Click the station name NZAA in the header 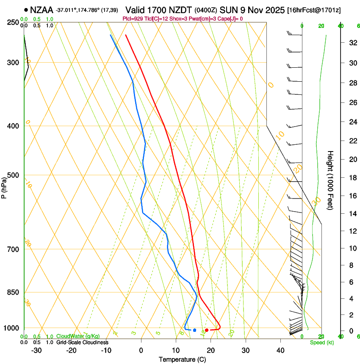[x=42, y=9]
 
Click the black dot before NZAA [x=26, y=9]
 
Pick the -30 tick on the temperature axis [x=36, y=350]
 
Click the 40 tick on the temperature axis [x=280, y=350]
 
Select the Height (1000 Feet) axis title [x=331, y=180]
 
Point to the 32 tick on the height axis [x=351, y=42]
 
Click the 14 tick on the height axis [x=351, y=214]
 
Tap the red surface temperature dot [x=207, y=330]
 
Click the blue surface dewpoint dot [x=194, y=330]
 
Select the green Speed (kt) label [x=322, y=342]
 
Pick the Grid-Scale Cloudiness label [x=82, y=342]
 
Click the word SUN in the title [x=228, y=9]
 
